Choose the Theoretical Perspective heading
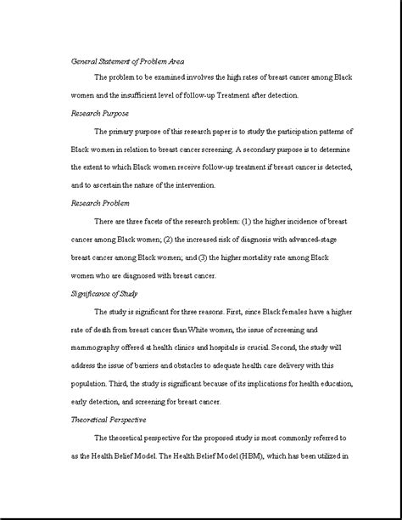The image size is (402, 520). (x=109, y=420)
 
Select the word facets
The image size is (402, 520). (x=159, y=221)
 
